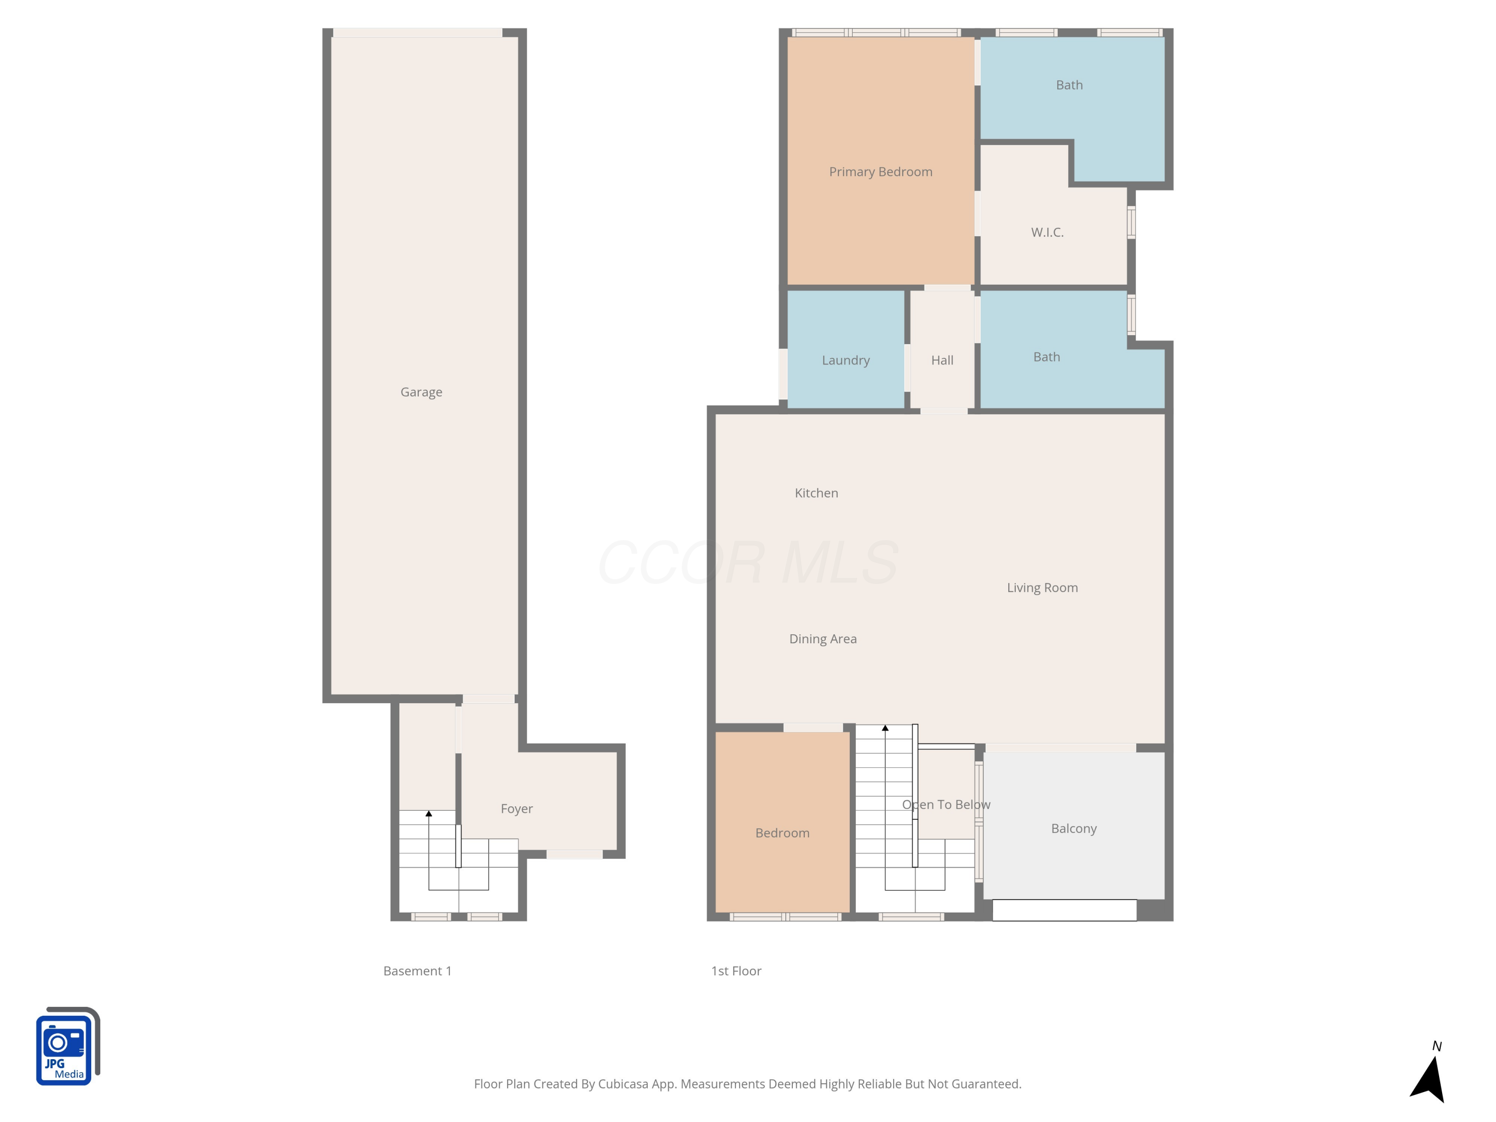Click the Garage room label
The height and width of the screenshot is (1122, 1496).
click(x=421, y=392)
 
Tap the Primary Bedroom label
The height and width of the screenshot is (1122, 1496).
click(x=881, y=172)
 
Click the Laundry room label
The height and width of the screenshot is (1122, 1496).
click(x=845, y=361)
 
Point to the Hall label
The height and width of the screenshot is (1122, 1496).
click(x=941, y=361)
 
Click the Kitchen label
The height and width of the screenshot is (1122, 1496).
click(x=816, y=493)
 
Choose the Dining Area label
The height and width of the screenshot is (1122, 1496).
click(x=822, y=639)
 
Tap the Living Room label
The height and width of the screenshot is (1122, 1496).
click(x=1042, y=588)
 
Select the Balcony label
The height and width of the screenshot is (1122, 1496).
click(x=1073, y=828)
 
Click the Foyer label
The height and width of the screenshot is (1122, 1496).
click(x=516, y=809)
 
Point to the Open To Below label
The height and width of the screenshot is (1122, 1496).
click(x=945, y=805)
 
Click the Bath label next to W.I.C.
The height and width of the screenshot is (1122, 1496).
click(x=1069, y=85)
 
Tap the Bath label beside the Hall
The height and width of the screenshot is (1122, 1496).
click(x=1046, y=357)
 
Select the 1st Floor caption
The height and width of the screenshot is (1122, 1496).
click(x=736, y=971)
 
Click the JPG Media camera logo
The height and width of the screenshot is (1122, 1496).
click(x=66, y=1047)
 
